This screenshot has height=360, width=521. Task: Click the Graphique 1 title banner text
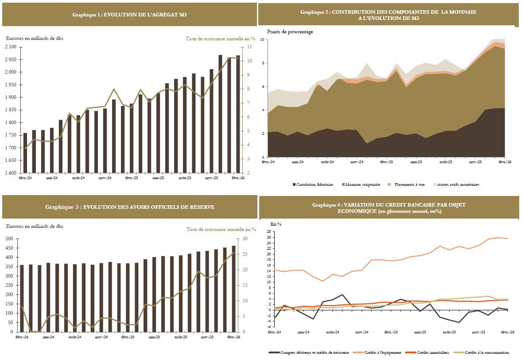tap(129, 15)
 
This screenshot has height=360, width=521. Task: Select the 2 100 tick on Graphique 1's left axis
tap(11, 47)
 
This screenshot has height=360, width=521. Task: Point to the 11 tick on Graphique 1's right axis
tap(250, 47)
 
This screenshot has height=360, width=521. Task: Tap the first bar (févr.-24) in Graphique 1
tap(25, 153)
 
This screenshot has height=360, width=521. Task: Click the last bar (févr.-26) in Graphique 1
tap(238, 114)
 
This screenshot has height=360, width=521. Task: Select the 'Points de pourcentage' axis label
tap(290, 32)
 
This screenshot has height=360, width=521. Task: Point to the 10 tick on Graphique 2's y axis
tap(262, 40)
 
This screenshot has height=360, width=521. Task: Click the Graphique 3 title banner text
tap(129, 207)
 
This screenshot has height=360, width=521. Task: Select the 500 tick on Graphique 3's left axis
tap(10, 239)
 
